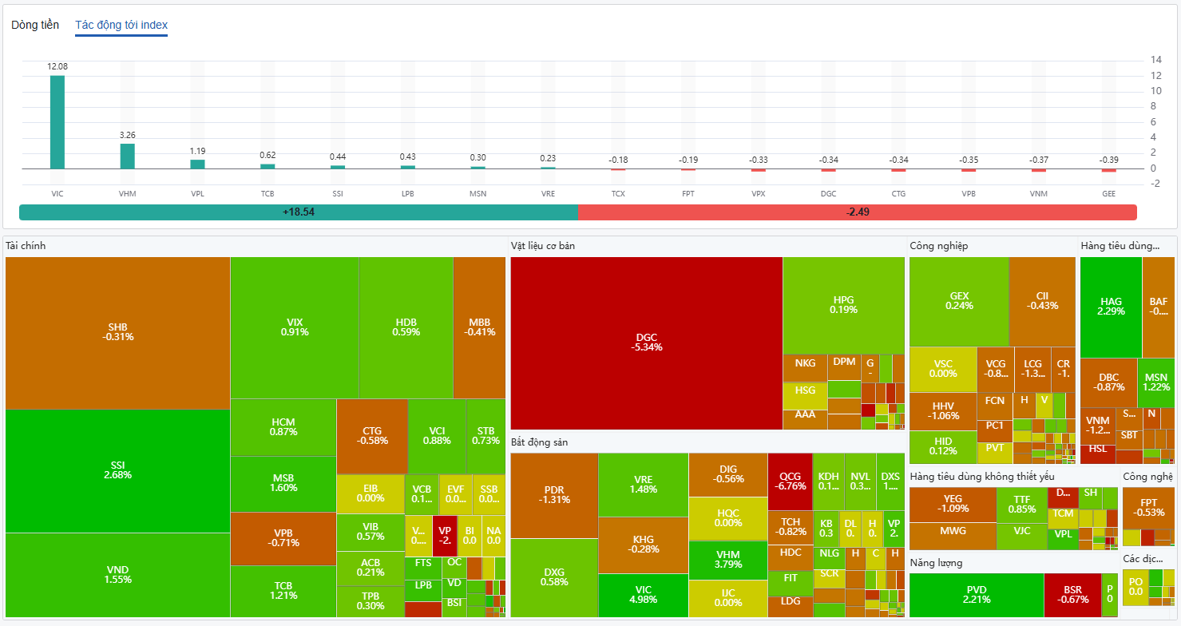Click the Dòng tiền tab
35,25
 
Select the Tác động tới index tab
121,25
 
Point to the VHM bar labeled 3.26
128,156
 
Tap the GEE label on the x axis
1109,194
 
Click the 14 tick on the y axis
1155,60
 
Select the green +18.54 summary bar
298,212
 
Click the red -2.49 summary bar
857,212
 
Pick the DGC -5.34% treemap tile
646,343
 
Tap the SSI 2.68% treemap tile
117,470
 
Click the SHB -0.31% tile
117,332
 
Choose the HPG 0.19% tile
843,304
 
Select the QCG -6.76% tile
790,481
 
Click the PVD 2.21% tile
977,594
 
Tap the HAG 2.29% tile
1111,307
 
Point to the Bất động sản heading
539,442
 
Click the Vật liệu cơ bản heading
543,246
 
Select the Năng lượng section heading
936,563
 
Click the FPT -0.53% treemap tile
1148,508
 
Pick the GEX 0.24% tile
959,300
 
